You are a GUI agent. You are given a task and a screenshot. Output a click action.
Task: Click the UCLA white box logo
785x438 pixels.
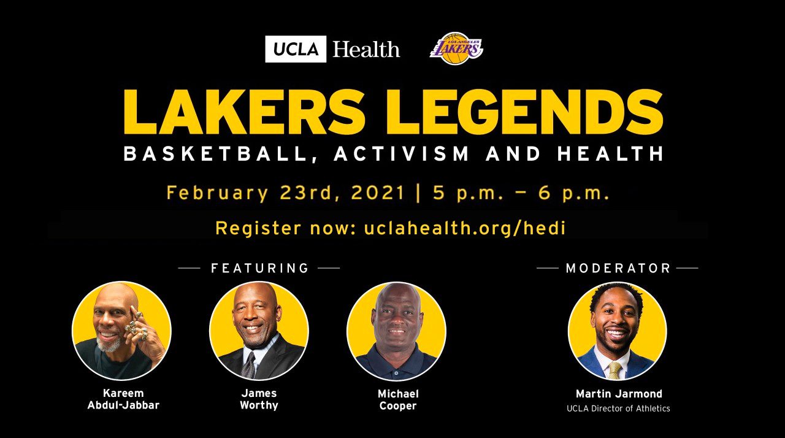296,49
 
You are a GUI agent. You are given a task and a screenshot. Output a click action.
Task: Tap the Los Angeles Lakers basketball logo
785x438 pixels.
456,48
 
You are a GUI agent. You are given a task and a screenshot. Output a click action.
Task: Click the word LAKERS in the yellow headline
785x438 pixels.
242,111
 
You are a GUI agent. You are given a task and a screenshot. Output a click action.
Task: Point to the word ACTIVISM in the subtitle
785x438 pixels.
401,153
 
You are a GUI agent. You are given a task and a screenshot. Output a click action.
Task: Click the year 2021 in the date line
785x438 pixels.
378,193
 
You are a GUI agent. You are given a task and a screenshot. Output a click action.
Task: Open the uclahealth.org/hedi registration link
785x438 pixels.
465,228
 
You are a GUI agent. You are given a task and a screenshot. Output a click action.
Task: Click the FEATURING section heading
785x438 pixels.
259,268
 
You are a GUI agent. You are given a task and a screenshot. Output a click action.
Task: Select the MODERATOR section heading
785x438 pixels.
618,268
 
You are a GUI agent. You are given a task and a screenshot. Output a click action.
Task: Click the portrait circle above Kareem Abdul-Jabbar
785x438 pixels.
121,331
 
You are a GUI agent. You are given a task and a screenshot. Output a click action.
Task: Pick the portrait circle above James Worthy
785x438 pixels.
259,331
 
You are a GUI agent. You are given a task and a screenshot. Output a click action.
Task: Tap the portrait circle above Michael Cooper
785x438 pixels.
396,331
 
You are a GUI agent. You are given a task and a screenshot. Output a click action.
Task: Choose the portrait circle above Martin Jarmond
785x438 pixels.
617,331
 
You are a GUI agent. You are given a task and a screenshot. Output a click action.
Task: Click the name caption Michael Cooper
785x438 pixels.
398,400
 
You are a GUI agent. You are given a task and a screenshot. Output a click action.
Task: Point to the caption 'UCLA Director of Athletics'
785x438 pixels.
618,409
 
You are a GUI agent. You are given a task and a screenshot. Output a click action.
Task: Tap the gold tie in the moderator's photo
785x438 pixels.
615,371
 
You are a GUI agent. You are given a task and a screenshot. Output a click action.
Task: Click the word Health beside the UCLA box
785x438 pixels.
366,50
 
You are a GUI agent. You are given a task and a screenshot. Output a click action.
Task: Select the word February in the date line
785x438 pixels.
217,193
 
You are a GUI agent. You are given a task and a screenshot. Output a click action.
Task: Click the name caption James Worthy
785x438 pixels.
259,399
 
